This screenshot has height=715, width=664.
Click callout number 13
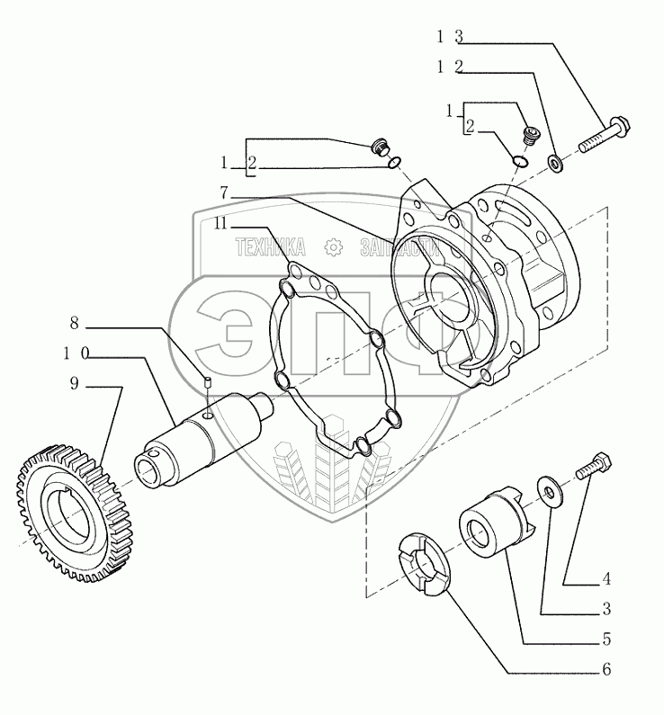coord(450,37)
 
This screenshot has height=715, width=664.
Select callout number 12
coord(450,67)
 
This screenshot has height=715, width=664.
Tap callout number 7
coord(223,192)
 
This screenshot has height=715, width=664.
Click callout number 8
coord(74,321)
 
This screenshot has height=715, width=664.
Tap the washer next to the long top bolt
coord(556,164)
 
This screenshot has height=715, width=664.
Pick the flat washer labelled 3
coord(546,487)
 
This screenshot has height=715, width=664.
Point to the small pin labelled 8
coord(207,384)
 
